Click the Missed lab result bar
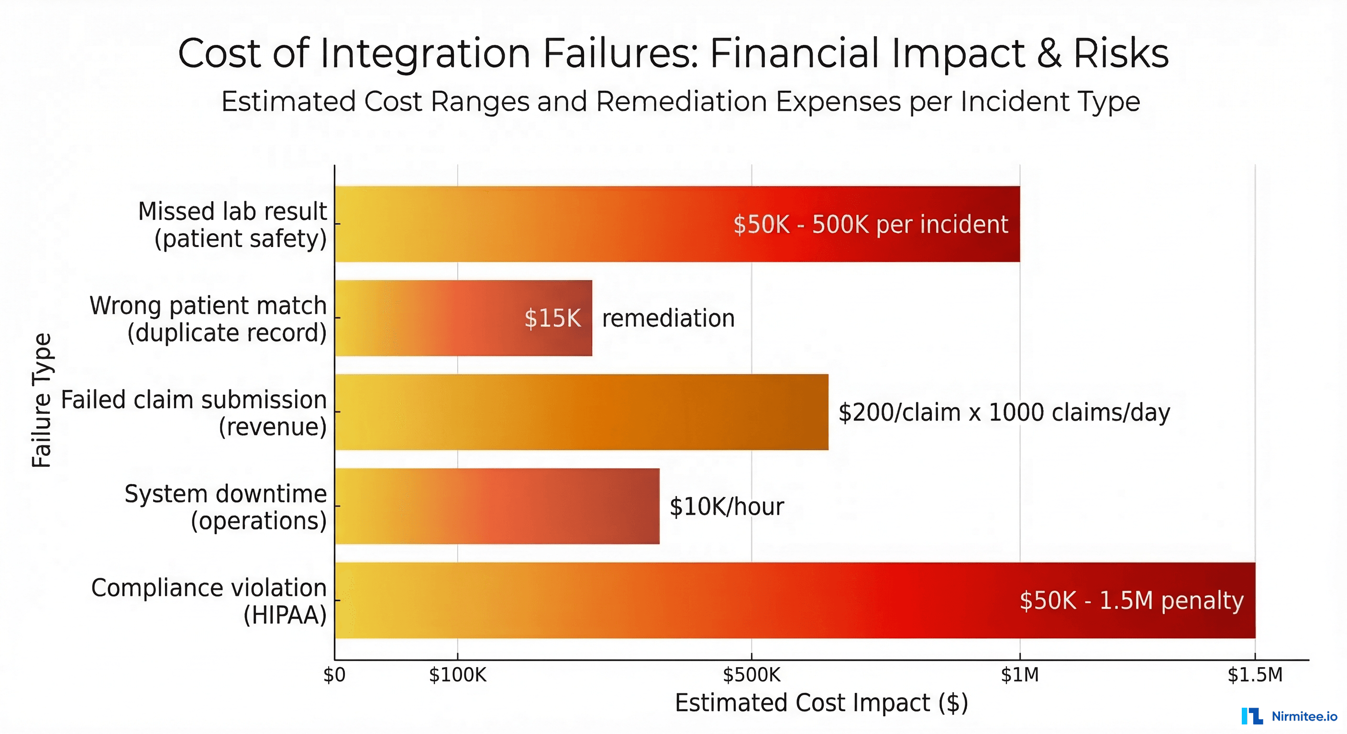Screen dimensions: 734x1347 [x=575, y=224]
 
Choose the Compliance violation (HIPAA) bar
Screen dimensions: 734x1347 [x=680, y=600]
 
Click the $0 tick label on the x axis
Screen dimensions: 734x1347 [x=334, y=675]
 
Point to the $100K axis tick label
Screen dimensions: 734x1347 [x=458, y=675]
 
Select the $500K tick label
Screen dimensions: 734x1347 [x=751, y=675]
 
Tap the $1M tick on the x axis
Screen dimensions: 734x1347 [x=1020, y=675]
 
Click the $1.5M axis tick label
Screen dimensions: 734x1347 [x=1255, y=675]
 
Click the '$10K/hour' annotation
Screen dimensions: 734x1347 [x=726, y=507]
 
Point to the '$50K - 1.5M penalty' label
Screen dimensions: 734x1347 [x=1131, y=601]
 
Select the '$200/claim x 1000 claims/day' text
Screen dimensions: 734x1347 [x=1004, y=413]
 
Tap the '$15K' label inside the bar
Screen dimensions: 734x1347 [x=552, y=318]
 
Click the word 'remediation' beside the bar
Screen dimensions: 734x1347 [x=668, y=318]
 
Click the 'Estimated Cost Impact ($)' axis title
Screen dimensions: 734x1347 [x=821, y=702]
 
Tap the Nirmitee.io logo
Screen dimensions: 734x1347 [x=1289, y=716]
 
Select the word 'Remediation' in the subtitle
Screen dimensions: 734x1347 [x=681, y=101]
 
